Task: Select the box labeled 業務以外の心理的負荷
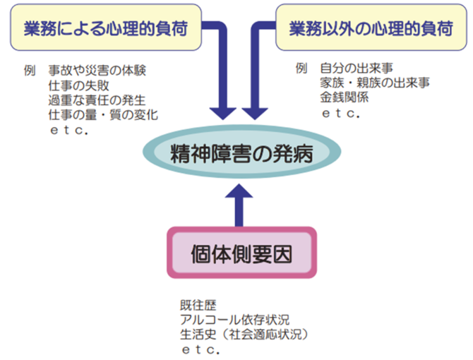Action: pos(371,29)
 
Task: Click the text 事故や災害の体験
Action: pos(97,71)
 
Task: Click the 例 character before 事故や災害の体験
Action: pos(29,71)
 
